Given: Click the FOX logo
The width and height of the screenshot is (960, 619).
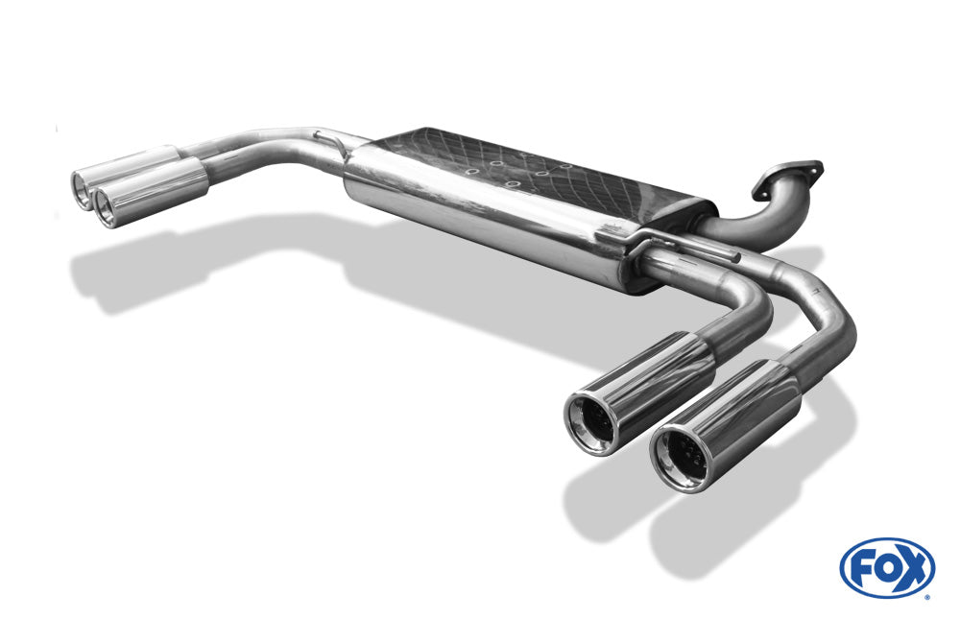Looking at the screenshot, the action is coord(887,568).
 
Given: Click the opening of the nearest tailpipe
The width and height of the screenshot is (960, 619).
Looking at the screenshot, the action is coord(682,458).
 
